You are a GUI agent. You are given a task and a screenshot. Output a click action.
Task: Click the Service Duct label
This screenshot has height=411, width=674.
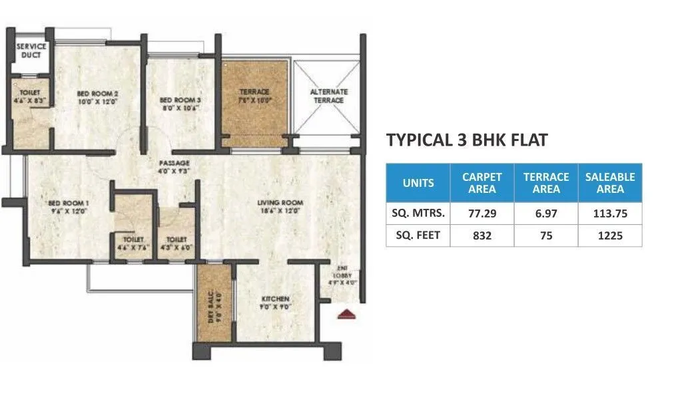coord(31,51)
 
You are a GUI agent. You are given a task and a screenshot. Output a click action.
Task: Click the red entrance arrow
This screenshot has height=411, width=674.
coord(346,315)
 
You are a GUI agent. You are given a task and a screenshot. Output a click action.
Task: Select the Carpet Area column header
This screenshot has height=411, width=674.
coord(482,183)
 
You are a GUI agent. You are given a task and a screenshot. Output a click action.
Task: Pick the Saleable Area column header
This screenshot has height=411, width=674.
coord(609,183)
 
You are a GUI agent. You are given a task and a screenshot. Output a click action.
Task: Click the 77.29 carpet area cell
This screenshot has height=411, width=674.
coord(482,213)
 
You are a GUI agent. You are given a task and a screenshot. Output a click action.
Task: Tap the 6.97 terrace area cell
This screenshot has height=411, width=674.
coord(545,213)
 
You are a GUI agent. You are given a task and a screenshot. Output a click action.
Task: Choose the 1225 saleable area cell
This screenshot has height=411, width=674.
coord(609,235)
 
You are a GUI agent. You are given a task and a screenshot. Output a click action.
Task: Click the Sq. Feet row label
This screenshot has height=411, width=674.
coord(418,235)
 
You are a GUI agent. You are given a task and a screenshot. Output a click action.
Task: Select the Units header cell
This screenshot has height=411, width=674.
coord(418,183)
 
